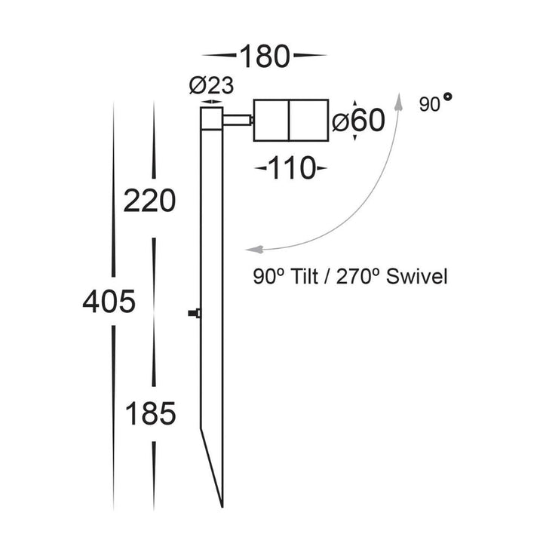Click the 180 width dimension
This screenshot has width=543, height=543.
265,57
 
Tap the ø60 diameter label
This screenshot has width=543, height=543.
358,121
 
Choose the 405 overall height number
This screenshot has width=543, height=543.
110,302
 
